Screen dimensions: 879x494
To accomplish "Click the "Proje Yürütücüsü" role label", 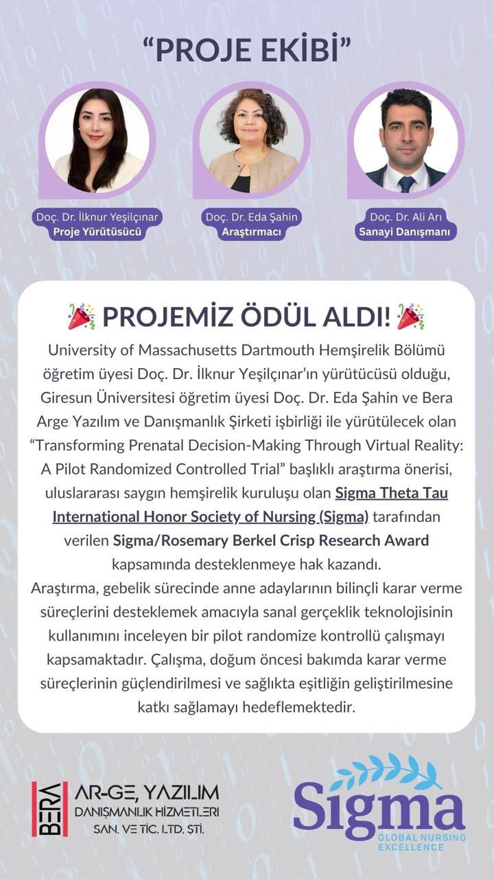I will click(97, 232).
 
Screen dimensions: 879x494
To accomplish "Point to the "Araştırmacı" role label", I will click(252, 232).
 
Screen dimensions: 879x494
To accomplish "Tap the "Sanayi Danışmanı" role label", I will click(405, 232).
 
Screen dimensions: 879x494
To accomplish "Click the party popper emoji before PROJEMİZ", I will click(82, 316).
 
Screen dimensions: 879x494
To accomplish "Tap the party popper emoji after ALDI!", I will click(410, 316).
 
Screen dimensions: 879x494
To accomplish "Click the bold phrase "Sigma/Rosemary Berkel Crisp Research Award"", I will click(270, 540).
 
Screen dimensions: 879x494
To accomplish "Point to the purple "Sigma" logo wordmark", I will click(379, 811).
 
